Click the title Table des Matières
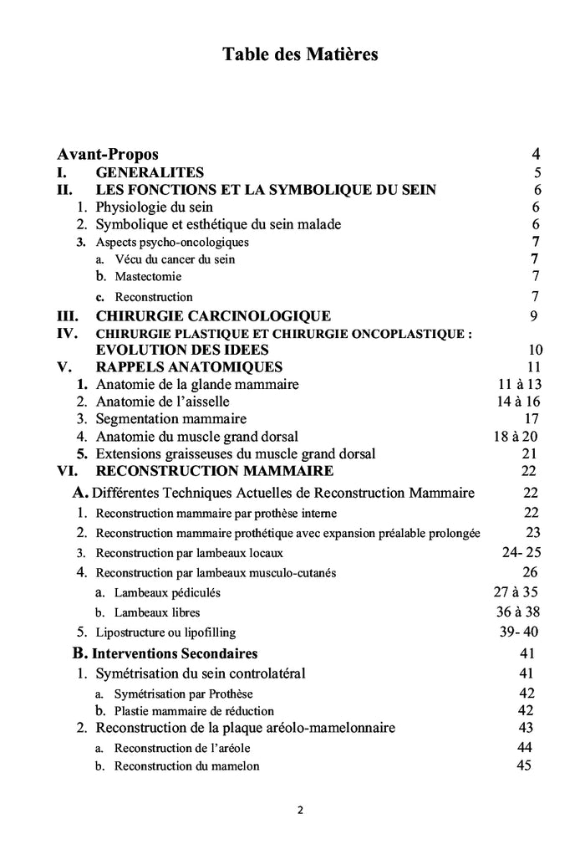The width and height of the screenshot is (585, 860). [x=300, y=55]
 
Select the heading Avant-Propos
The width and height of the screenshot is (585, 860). [x=108, y=155]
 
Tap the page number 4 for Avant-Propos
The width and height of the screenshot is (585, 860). [x=536, y=155]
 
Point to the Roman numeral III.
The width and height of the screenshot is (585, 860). [x=68, y=315]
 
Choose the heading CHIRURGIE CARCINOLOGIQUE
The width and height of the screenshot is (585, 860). [x=213, y=315]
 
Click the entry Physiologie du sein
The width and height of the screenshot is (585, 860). [x=155, y=207]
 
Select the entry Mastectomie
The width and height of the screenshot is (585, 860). [x=148, y=276]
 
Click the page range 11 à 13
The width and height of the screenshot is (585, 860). [x=518, y=384]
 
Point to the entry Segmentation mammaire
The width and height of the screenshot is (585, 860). [x=171, y=418]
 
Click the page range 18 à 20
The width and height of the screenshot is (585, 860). [x=516, y=436]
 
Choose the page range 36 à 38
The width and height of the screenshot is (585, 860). [x=518, y=612]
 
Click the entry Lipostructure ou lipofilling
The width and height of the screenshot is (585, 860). [x=166, y=632]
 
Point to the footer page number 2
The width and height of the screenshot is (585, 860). [x=299, y=810]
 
